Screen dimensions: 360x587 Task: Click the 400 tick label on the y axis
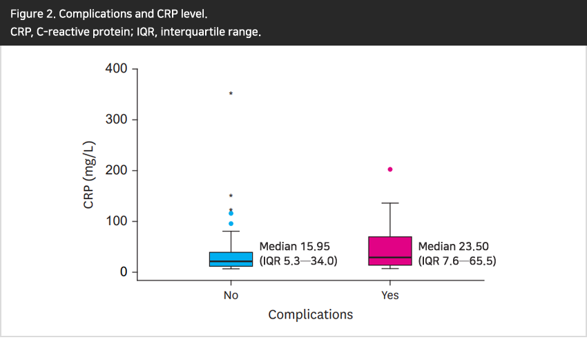[x=116, y=68]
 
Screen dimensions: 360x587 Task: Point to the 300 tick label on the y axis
[x=116, y=120]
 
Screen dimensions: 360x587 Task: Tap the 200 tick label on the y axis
[x=116, y=171]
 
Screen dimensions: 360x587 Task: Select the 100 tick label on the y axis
[x=116, y=221]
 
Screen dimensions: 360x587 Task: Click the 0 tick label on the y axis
[x=124, y=272]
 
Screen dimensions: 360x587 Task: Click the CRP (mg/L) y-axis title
[x=89, y=176]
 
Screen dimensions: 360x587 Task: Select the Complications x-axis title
[x=310, y=314]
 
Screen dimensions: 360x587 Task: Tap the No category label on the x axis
[x=231, y=295]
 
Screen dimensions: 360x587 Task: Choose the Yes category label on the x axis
[x=390, y=295]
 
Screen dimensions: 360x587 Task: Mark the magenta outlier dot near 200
[x=390, y=169]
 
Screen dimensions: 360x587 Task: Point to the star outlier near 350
[x=231, y=93]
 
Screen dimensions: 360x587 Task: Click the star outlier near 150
[x=231, y=196]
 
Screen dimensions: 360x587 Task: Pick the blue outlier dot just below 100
[x=231, y=223]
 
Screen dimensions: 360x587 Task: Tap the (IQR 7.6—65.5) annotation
[x=457, y=261]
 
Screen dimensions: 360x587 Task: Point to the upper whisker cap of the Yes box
[x=390, y=203]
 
